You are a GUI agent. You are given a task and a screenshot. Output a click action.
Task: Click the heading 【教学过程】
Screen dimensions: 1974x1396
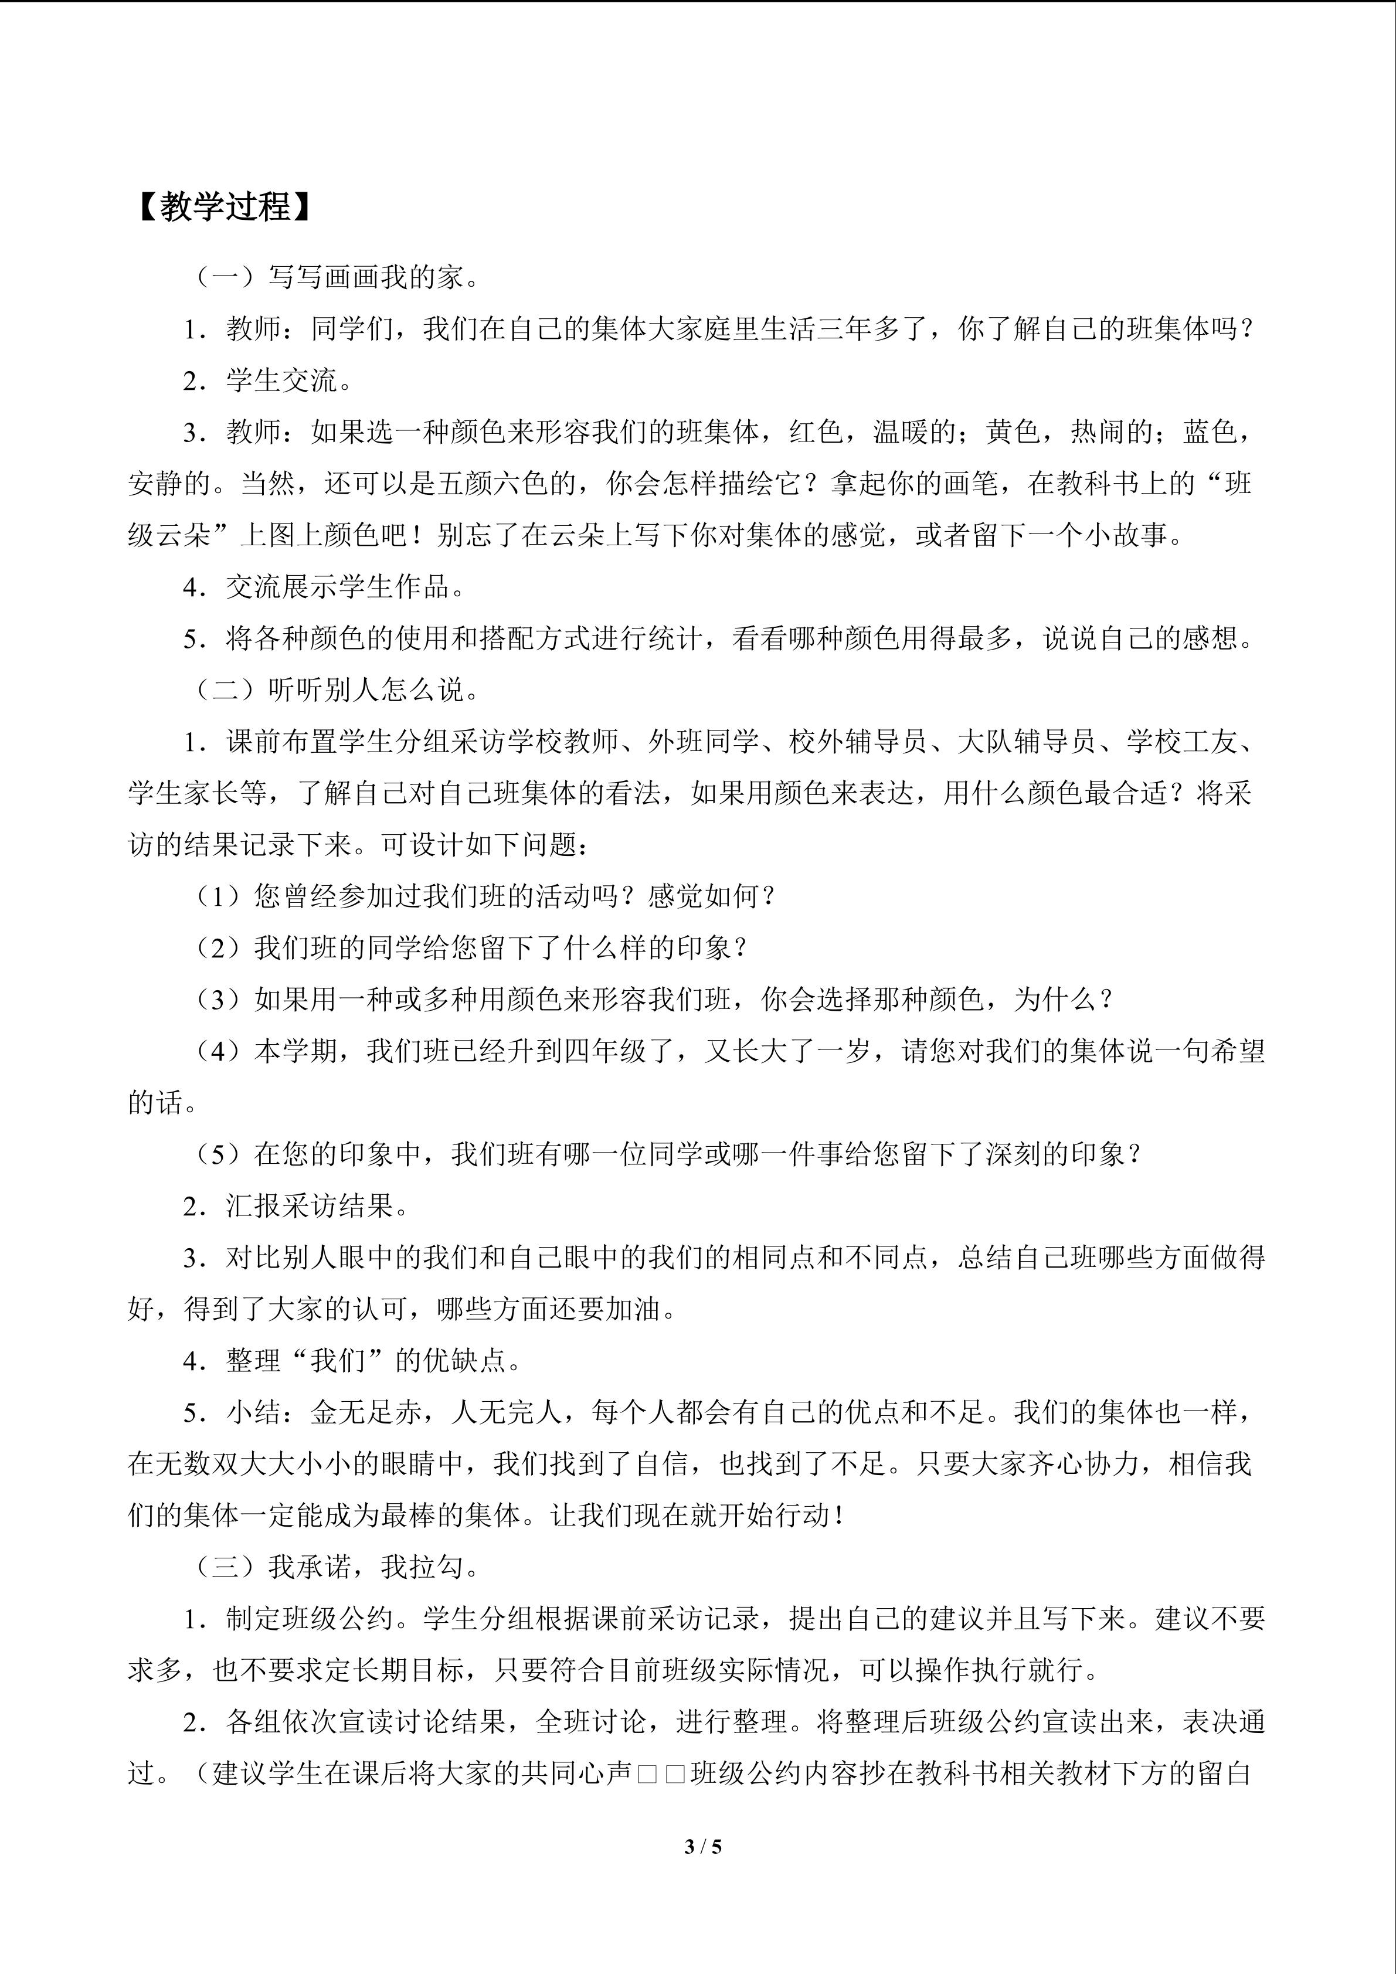point(222,208)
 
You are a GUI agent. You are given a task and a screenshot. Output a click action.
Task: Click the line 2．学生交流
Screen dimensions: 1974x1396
point(267,380)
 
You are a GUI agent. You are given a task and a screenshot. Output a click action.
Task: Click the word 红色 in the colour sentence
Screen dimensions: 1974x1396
point(817,432)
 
